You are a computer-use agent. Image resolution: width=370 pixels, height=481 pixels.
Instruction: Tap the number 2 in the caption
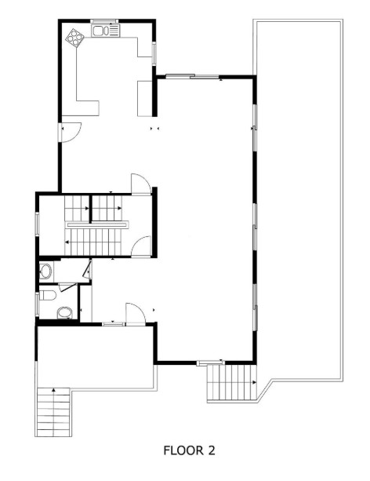pos(210,451)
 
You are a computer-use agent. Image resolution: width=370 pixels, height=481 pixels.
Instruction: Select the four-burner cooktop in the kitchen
pos(76,37)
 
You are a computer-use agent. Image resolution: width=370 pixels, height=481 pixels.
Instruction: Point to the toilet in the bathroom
pos(48,296)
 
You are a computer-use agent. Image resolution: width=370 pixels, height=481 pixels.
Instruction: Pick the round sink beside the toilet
pos(64,313)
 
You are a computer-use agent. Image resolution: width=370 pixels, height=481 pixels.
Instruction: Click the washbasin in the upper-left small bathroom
pos(45,272)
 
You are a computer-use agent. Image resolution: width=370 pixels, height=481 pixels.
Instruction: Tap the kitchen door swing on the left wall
pos(70,132)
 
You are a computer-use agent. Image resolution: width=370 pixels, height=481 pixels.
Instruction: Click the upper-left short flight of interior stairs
pos(77,209)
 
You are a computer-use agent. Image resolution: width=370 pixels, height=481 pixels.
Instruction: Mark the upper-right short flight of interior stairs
pos(107,209)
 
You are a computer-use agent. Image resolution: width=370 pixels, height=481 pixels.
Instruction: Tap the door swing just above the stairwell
pos(140,184)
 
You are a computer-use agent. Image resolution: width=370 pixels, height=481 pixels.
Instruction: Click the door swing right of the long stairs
pos(142,246)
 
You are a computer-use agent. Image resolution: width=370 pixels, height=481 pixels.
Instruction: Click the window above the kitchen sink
pos(103,21)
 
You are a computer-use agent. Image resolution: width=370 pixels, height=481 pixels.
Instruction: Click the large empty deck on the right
pos(298,196)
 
